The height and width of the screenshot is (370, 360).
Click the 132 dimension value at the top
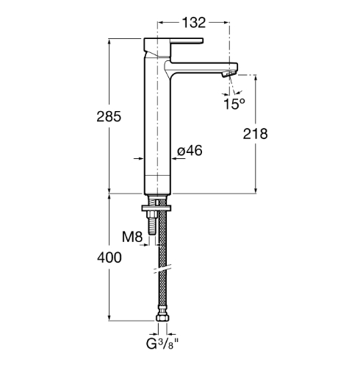coord(194,23)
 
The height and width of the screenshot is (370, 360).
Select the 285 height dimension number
coord(109,116)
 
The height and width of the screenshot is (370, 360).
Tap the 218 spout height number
coord(255,134)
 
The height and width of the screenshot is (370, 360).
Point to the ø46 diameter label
coord(190,150)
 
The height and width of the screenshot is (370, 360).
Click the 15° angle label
coord(234,104)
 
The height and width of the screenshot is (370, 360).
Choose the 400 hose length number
coord(109,257)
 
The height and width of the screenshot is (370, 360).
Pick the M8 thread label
coord(132,237)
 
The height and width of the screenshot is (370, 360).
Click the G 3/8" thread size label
coord(162,344)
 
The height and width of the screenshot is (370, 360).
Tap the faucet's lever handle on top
coord(173,42)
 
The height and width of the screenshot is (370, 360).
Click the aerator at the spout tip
coord(229,74)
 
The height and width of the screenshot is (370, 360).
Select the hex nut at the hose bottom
coord(162,318)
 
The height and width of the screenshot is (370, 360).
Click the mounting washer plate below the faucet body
coord(156,208)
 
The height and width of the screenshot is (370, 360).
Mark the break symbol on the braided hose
coord(162,268)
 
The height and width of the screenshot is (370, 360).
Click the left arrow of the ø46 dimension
coord(139,159)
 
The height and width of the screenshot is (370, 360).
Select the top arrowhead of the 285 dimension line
coord(109,42)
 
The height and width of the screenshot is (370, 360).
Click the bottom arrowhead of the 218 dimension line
coord(256,190)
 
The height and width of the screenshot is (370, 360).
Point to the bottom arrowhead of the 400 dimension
coord(109,317)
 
